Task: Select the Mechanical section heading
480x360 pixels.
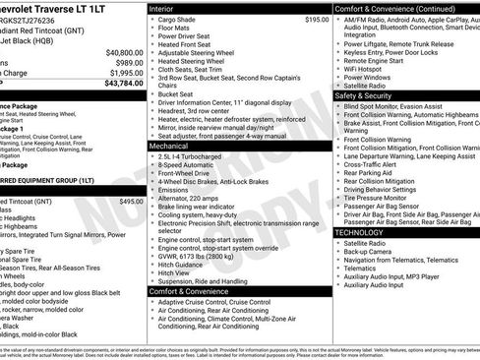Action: (172, 145)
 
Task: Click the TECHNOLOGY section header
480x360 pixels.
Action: (359, 232)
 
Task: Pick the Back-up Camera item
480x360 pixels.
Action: (371, 252)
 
